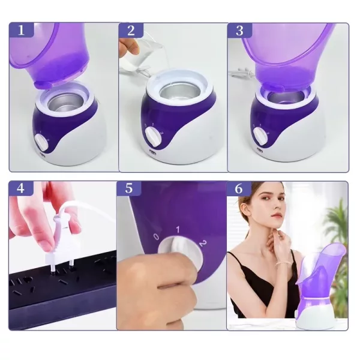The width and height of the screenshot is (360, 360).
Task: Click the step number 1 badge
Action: [22, 30]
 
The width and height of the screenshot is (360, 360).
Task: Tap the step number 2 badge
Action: [131, 30]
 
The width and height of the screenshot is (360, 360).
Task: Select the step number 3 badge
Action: [239, 30]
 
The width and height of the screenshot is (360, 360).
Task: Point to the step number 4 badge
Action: [20, 188]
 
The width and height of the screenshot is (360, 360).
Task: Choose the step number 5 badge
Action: [129, 188]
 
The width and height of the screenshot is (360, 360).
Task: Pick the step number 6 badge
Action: [239, 188]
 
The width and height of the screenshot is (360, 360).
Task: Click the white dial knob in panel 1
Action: [42, 142]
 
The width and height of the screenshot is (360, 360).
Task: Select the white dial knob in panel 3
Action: [260, 136]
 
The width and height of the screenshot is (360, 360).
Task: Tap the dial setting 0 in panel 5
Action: [157, 237]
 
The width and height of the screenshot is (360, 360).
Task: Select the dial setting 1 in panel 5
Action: [178, 229]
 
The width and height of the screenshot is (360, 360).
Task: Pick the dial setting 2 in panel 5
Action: [203, 243]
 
